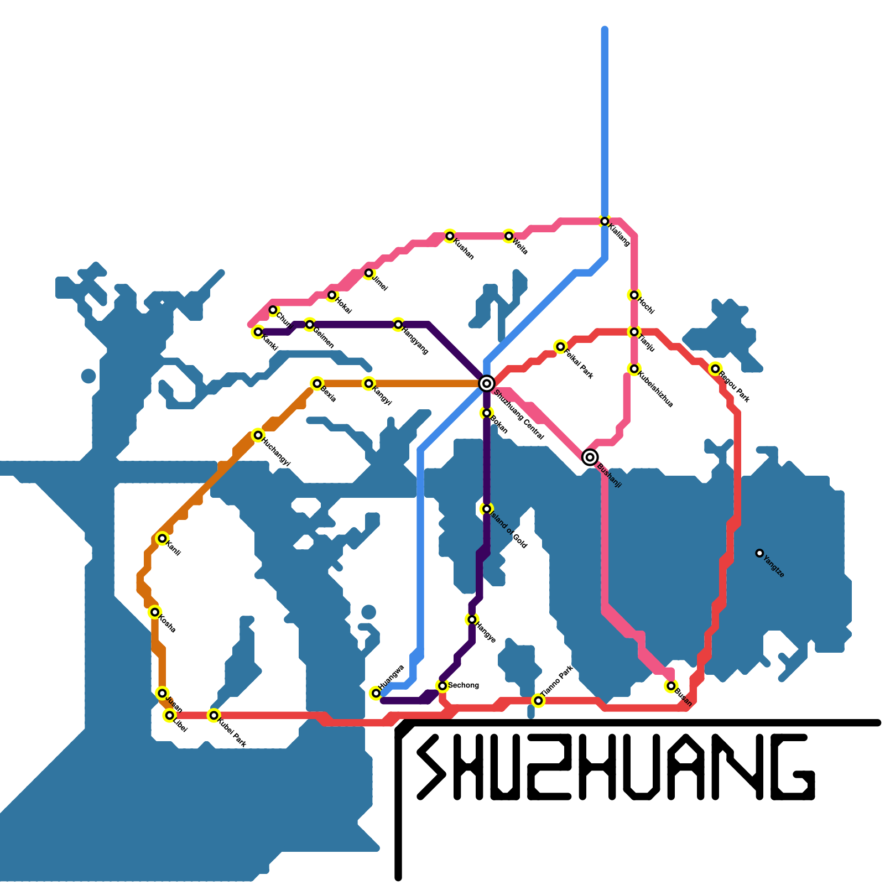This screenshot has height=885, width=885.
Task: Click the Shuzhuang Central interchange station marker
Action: tap(486, 383)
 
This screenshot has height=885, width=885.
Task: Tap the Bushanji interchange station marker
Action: tap(590, 457)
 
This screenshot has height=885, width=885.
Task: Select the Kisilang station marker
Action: tap(605, 221)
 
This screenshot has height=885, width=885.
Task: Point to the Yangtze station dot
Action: tap(759, 553)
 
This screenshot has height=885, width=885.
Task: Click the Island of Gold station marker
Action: tap(486, 509)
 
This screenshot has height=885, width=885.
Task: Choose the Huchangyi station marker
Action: tap(258, 435)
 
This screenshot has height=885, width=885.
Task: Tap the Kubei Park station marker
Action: tap(214, 716)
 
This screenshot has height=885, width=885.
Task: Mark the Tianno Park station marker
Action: tap(538, 701)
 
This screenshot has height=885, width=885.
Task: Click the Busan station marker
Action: tap(671, 686)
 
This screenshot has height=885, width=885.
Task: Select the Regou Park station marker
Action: tap(715, 369)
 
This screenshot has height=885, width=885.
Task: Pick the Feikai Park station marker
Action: tap(560, 347)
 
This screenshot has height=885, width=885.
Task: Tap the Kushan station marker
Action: tap(450, 236)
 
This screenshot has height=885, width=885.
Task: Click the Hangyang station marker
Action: tap(398, 325)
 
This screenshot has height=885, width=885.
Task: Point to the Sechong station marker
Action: tap(442, 686)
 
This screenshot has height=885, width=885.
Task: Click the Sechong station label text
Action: tap(464, 685)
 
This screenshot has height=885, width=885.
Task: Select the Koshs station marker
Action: tap(155, 612)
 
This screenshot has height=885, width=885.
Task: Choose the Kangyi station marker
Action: tap(368, 383)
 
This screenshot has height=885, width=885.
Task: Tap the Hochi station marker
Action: tap(634, 295)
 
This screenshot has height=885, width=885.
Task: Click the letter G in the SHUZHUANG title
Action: tap(785, 767)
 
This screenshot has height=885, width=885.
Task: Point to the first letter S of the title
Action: tap(431, 767)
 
